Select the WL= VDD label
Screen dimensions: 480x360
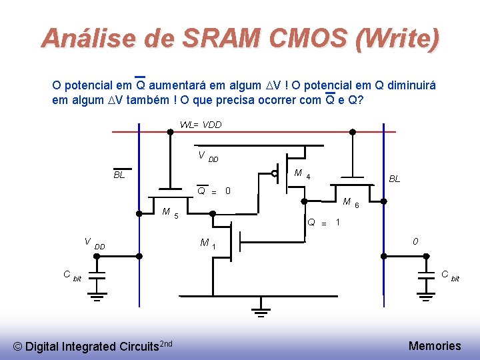point(201,125)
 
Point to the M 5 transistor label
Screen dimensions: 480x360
point(169,213)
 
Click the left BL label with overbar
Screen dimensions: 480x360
point(119,175)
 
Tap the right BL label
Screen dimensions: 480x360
point(395,179)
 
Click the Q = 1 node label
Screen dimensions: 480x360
point(324,222)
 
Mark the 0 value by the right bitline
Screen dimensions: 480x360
point(415,241)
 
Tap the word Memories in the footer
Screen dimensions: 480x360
point(434,345)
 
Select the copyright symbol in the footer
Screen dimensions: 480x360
point(18,346)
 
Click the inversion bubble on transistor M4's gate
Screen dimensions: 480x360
point(275,173)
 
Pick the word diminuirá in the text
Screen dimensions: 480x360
point(410,85)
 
